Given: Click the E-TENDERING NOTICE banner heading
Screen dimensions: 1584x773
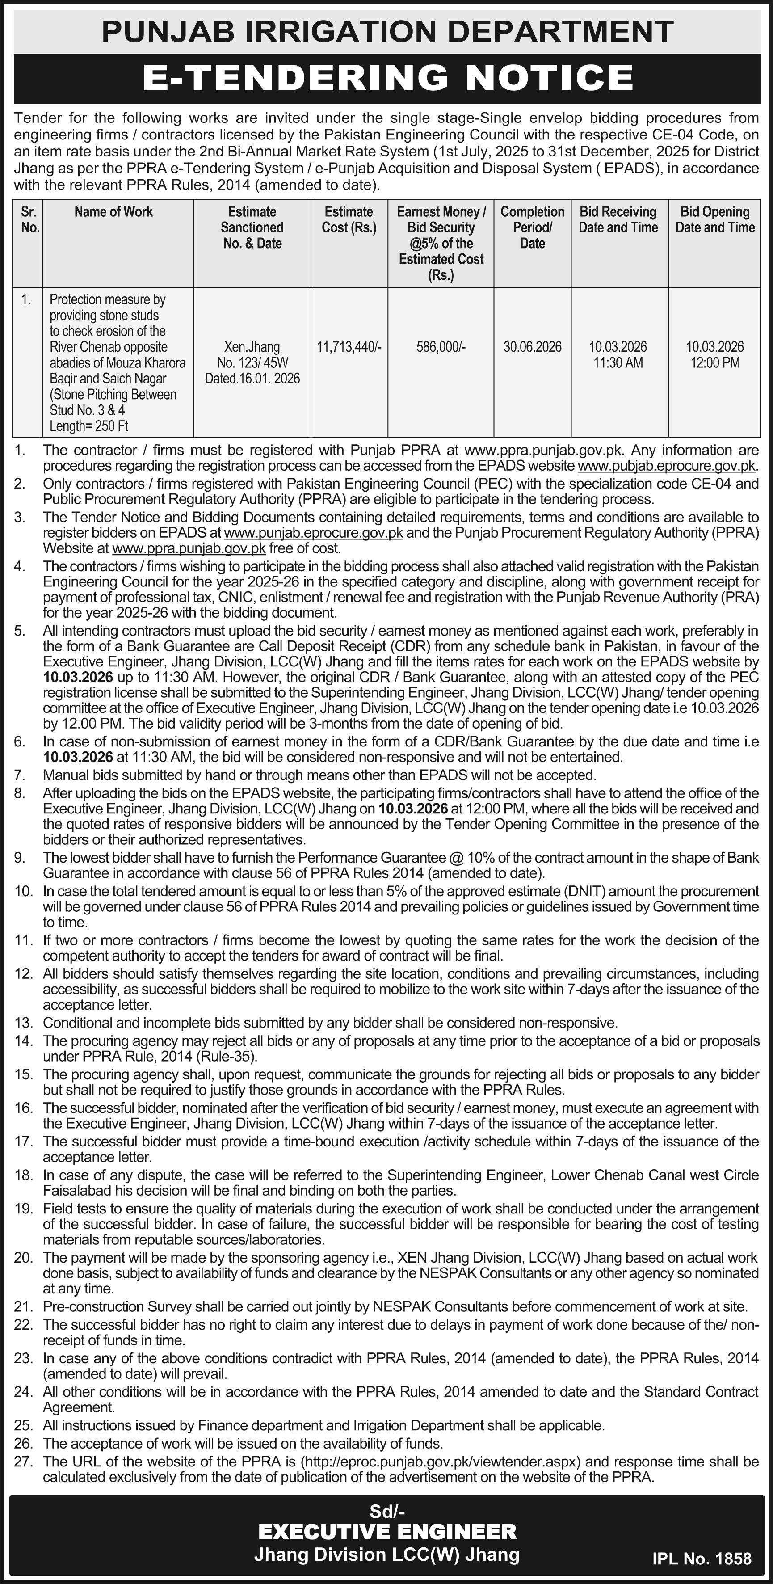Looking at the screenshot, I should coord(387,78).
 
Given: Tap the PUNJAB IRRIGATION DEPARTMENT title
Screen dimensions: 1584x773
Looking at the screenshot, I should coord(387,31).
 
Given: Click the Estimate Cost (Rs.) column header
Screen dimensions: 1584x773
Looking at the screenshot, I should coord(349,219).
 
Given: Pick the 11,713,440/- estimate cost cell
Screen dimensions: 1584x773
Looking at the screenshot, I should coord(349,347).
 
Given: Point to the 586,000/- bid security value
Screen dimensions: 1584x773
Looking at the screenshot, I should coord(441,347).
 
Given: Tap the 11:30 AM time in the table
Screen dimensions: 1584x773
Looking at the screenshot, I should coord(618,363).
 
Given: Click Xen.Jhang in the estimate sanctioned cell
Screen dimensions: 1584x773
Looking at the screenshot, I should coord(252,347).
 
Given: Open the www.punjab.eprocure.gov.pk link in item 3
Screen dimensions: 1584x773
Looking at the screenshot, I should coord(314,532).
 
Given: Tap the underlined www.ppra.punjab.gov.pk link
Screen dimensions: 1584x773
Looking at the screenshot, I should coord(189,548).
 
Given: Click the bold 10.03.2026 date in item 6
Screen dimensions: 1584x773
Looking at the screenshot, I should coord(78,757).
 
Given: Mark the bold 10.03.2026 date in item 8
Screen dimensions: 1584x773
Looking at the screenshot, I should coord(413,809).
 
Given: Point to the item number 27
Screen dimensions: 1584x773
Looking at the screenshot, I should coord(23,1462).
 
